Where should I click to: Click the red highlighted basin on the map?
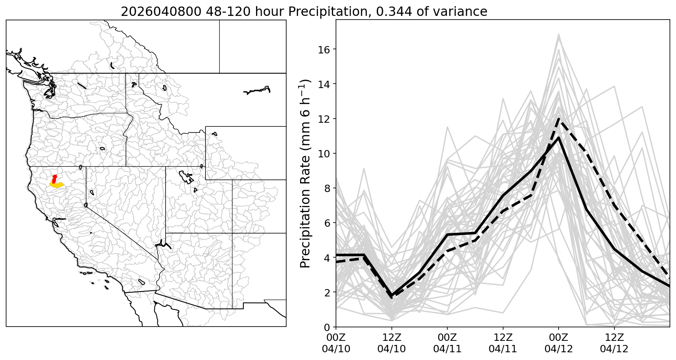tap(54, 179)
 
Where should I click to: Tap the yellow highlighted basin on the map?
tap(57, 185)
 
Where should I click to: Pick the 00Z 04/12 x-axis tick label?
tap(559, 343)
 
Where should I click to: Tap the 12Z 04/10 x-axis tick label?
tap(391, 343)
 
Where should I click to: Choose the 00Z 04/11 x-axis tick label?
tap(447, 343)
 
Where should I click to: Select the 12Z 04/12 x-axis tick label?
tap(614, 343)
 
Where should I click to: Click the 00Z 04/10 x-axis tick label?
tap(336, 343)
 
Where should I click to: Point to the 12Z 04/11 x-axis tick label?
tap(503, 343)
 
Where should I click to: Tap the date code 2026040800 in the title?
tap(161, 11)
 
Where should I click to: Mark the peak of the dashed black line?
tap(559, 119)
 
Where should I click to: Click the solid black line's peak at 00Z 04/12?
tap(559, 137)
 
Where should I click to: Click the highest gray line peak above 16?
tap(559, 34)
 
